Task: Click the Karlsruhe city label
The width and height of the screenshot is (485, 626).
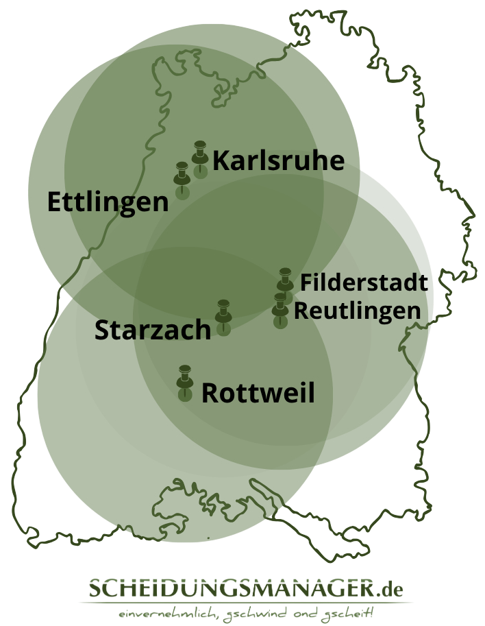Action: click(x=278, y=161)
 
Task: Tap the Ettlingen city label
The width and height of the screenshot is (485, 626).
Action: click(x=108, y=202)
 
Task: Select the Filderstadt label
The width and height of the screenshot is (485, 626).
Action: click(x=364, y=282)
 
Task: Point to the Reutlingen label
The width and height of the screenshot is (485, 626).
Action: click(x=357, y=310)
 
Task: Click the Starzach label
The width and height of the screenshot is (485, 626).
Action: click(x=153, y=330)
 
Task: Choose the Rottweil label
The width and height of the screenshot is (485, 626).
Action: click(x=258, y=394)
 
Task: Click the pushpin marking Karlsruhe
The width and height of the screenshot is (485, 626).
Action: click(x=200, y=154)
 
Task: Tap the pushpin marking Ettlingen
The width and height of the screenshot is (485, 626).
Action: click(x=182, y=175)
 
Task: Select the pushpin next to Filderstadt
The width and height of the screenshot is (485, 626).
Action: click(x=286, y=280)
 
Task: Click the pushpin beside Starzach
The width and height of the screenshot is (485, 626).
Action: click(x=223, y=312)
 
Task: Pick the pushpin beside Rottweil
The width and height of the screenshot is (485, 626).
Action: click(x=184, y=377)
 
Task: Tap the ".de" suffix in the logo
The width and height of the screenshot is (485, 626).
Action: click(x=390, y=588)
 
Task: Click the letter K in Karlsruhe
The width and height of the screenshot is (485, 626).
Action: click(x=221, y=161)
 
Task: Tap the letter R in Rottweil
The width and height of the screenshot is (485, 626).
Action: click(x=210, y=394)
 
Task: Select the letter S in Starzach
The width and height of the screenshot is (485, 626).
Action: click(x=102, y=330)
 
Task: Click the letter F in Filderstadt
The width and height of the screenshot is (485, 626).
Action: click(x=306, y=282)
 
